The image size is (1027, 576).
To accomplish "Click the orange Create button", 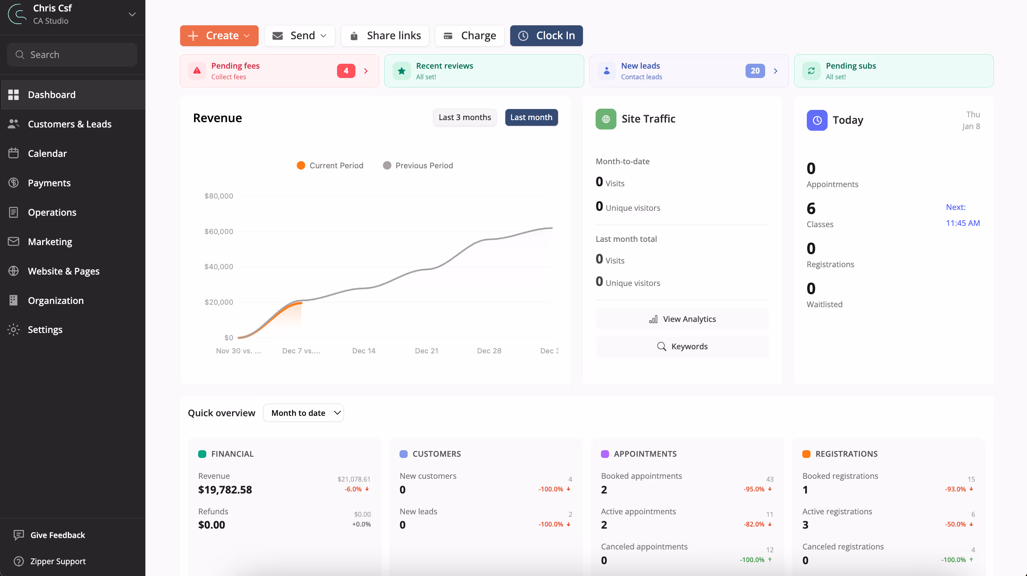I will [x=219, y=36].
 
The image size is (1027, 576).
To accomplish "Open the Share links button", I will [x=385, y=36].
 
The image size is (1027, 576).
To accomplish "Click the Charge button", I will [x=469, y=36].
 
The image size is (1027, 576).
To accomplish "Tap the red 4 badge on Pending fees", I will [x=346, y=71].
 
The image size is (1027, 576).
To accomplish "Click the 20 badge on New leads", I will [x=755, y=71].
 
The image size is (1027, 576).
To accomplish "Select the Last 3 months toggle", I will [x=464, y=117].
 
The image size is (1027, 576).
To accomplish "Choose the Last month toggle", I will [x=531, y=117].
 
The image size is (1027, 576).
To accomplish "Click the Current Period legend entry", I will [x=330, y=165].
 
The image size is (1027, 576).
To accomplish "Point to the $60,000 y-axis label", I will [x=219, y=231].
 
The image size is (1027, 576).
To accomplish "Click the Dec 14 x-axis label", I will [x=364, y=351].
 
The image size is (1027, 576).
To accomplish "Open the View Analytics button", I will [x=682, y=319].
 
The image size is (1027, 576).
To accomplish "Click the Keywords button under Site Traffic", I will [x=682, y=346].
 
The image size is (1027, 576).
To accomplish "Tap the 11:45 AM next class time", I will [x=962, y=223].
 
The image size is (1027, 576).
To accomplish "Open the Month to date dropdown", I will [x=303, y=413].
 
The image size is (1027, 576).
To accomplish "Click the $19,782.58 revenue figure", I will [x=225, y=489].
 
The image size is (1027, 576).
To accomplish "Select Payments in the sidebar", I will [x=49, y=183].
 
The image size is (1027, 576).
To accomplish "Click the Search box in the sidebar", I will [x=72, y=55].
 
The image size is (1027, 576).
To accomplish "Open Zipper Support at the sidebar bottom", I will [x=58, y=561].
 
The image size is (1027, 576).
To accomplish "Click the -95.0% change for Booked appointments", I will [x=754, y=489].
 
